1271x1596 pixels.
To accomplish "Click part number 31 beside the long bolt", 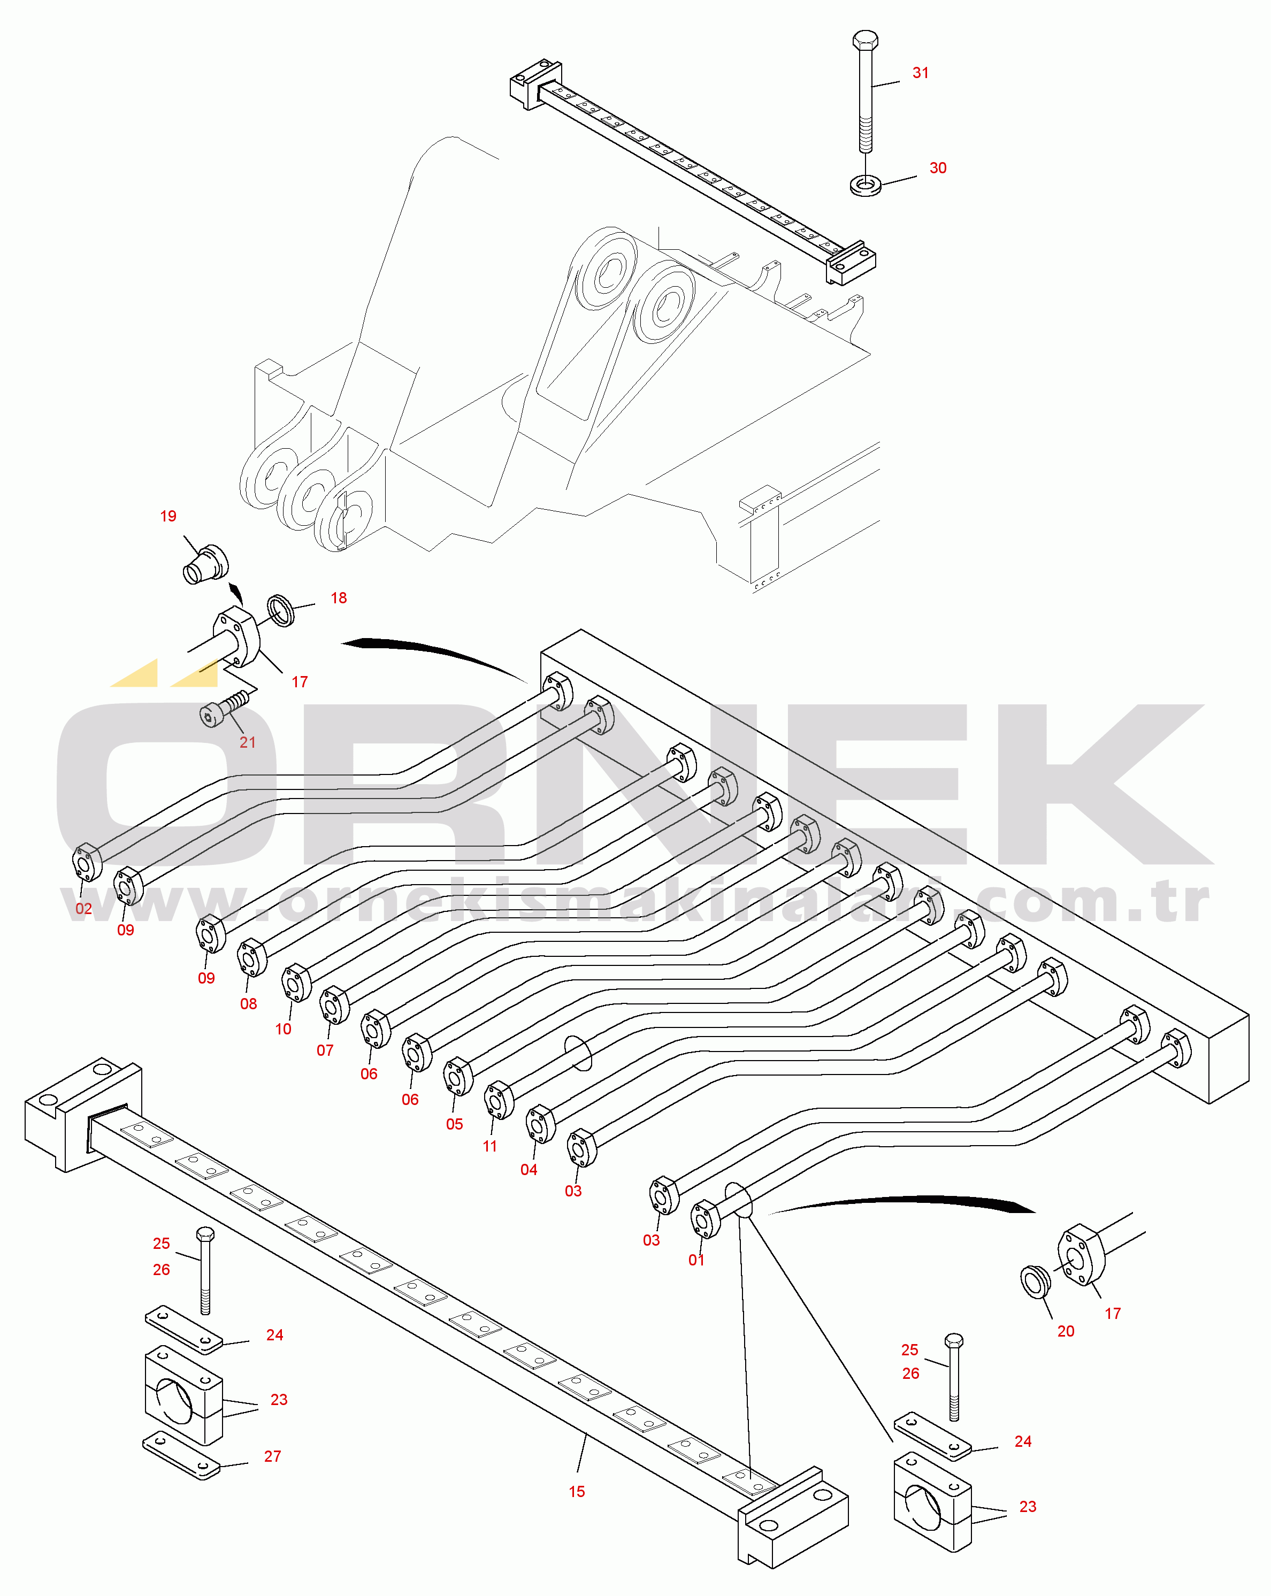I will click(x=920, y=73).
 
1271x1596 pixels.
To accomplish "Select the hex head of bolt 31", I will click(x=866, y=40).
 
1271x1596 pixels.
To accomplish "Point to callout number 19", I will click(x=168, y=516).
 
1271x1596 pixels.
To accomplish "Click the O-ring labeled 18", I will click(x=280, y=609).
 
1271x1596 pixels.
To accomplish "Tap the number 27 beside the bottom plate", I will click(x=272, y=1456).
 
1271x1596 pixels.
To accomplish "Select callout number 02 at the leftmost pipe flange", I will click(x=83, y=908).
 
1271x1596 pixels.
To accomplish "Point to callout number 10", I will click(x=283, y=1029).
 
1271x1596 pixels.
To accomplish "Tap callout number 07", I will click(x=325, y=1050).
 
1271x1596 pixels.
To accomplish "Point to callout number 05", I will click(x=455, y=1124).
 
